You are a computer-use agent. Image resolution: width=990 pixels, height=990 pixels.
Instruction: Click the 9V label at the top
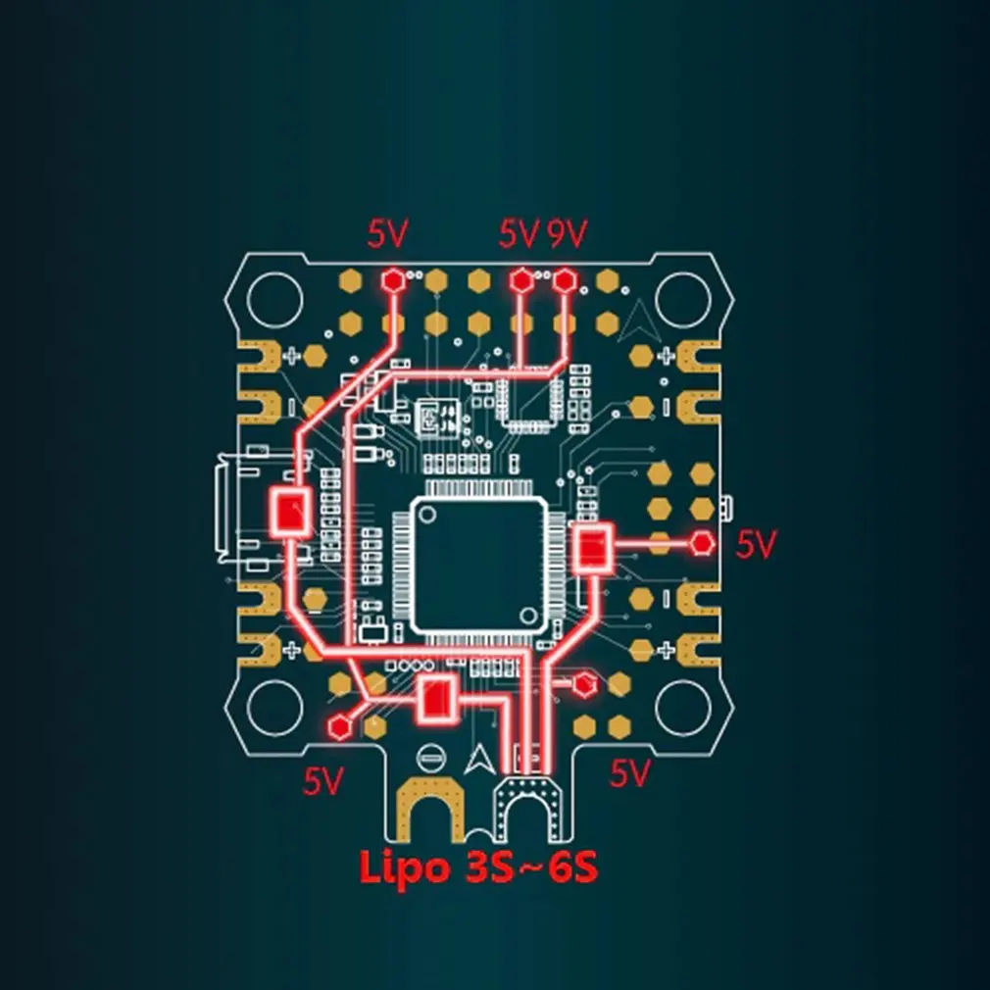tap(567, 233)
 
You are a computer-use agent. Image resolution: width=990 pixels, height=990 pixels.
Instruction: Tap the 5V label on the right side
tap(756, 544)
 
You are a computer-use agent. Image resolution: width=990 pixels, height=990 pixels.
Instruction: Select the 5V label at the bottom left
tap(323, 781)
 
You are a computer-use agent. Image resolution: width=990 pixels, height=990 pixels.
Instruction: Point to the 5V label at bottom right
tap(629, 772)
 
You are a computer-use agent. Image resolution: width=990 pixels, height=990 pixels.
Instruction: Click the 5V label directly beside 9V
tap(519, 233)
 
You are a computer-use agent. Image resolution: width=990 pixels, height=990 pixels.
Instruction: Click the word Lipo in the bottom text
tap(405, 868)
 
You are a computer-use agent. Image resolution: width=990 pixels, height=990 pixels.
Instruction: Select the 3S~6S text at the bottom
tap(531, 868)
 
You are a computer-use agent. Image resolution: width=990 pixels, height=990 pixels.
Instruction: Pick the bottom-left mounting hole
tap(275, 708)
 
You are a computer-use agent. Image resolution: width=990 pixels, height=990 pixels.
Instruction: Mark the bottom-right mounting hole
tap(683, 708)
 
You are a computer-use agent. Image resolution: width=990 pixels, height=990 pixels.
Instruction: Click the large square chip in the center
tap(479, 565)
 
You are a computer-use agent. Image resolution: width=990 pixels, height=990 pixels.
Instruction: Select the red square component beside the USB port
tap(291, 512)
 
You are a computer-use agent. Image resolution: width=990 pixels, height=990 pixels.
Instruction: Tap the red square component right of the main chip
tap(593, 548)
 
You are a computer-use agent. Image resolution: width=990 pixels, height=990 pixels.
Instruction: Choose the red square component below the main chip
tap(436, 698)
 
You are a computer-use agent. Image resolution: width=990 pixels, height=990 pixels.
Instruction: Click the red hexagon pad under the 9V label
tap(565, 279)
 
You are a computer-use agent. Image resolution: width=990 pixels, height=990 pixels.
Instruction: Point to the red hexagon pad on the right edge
tap(702, 543)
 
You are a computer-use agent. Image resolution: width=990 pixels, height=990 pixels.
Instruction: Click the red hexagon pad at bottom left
tap(340, 727)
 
